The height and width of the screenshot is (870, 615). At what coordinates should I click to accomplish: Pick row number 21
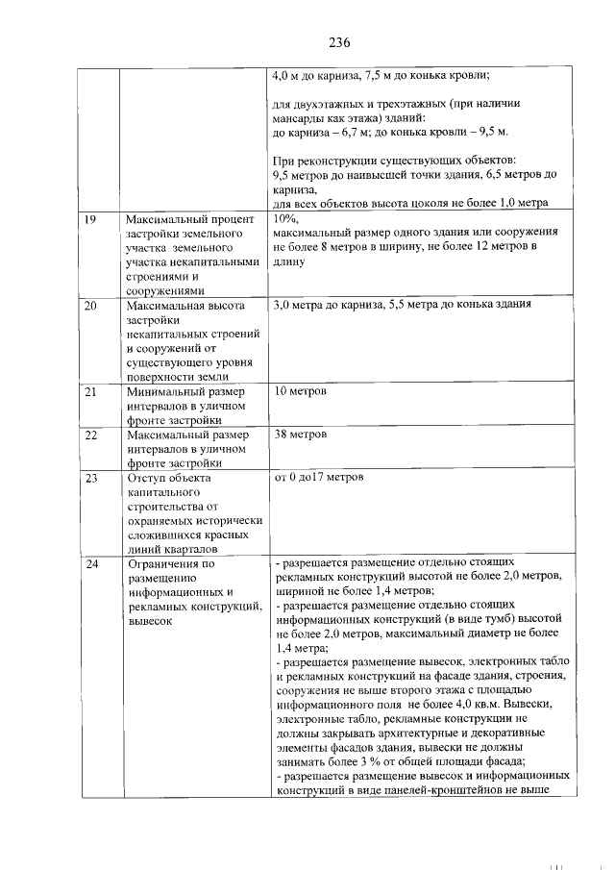[x=90, y=392]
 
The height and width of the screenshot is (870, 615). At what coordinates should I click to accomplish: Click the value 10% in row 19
[x=285, y=219]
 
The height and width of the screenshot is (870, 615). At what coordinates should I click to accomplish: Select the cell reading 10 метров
[x=300, y=392]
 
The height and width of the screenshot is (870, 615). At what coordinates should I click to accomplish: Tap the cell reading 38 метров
[x=300, y=435]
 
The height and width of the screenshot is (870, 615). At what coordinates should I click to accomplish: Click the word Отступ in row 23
[x=147, y=477]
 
